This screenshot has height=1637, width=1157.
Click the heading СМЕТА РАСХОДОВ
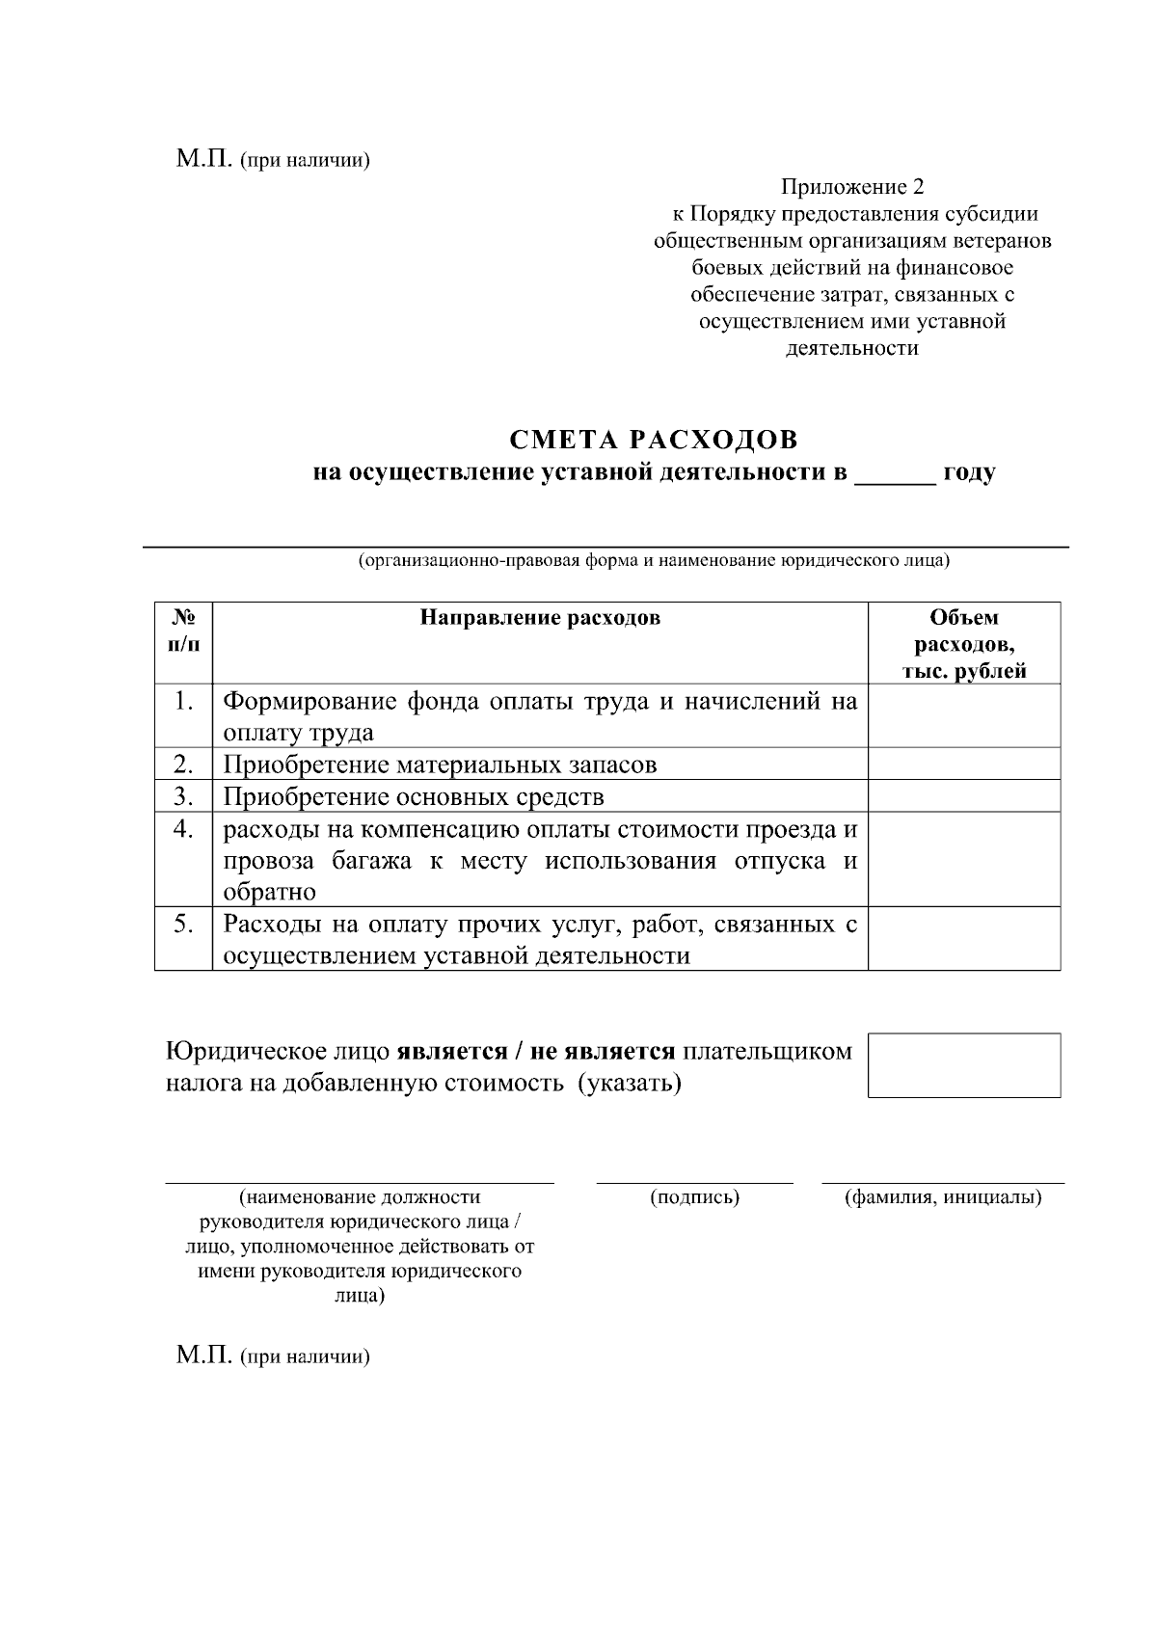click(654, 441)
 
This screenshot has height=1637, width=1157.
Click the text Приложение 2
click(852, 186)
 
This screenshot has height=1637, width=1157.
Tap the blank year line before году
click(895, 474)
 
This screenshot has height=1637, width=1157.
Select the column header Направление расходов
click(540, 618)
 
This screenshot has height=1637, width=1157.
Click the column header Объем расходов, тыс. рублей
click(964, 644)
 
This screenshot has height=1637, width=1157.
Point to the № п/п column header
click(183, 631)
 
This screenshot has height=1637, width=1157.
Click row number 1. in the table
click(183, 701)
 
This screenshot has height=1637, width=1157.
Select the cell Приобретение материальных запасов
click(440, 765)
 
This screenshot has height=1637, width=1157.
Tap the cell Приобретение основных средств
click(414, 797)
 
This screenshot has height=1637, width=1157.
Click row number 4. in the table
click(183, 829)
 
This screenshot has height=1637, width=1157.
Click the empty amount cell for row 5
click(964, 938)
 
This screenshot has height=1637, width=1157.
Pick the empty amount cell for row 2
click(964, 765)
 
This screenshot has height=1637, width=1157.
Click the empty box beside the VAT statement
click(964, 1065)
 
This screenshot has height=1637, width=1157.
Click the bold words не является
click(602, 1051)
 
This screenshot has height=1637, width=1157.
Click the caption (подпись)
click(695, 1197)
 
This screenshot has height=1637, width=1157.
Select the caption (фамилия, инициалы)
click(943, 1197)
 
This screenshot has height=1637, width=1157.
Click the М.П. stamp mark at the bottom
click(204, 1356)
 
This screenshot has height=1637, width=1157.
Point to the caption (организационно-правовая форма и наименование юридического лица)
click(654, 561)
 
